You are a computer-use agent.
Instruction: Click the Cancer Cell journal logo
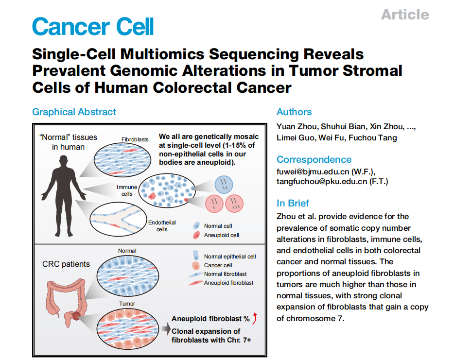click(93, 26)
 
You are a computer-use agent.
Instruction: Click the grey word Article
click(405, 15)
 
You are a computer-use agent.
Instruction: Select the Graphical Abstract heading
click(74, 112)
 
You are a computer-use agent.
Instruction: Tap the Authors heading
click(294, 112)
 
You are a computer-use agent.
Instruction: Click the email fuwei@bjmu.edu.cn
click(313, 171)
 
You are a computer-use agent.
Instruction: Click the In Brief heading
click(293, 203)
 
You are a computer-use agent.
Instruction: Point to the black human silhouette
click(64, 196)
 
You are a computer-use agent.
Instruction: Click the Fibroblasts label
click(135, 139)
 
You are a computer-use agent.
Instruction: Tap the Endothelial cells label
click(162, 226)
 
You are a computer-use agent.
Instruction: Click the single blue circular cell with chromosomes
click(224, 185)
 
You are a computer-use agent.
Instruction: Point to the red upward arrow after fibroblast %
click(255, 318)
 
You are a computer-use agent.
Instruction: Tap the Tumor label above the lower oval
click(127, 304)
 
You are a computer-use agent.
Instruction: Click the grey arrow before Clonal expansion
click(166, 329)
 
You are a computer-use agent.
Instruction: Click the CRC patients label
click(66, 264)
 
